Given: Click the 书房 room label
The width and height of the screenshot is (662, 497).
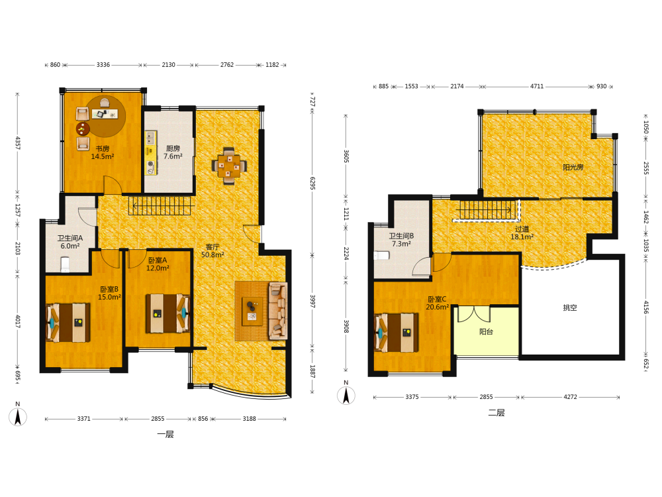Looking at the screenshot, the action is pyautogui.click(x=102, y=148).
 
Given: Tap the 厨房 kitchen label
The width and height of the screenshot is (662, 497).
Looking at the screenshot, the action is pyautogui.click(x=173, y=148).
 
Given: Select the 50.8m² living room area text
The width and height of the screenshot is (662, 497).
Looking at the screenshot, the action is pyautogui.click(x=213, y=255).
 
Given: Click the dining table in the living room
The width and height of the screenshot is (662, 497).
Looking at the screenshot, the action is pyautogui.click(x=229, y=166).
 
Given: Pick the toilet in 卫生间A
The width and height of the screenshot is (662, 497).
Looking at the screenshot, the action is pyautogui.click(x=65, y=264).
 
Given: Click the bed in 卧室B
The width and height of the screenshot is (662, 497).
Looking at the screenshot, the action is pyautogui.click(x=68, y=322).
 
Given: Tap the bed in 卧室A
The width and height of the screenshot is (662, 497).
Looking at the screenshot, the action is pyautogui.click(x=167, y=313).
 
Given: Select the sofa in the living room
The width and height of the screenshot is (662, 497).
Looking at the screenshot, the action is pyautogui.click(x=277, y=311).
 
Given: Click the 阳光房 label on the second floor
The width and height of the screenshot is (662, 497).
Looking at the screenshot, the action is pyautogui.click(x=573, y=168).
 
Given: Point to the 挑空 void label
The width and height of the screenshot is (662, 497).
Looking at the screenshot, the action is pyautogui.click(x=569, y=307).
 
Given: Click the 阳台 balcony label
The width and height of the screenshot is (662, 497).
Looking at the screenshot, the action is pyautogui.click(x=486, y=332).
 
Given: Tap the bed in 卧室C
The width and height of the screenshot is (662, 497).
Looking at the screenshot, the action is pyautogui.click(x=397, y=333).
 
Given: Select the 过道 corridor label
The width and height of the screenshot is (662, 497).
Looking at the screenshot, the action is pyautogui.click(x=522, y=229).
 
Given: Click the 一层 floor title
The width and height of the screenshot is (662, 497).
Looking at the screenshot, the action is pyautogui.click(x=165, y=434).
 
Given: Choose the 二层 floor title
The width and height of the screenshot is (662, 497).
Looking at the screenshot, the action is pyautogui.click(x=496, y=412).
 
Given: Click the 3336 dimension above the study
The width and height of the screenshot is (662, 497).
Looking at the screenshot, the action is pyautogui.click(x=103, y=65).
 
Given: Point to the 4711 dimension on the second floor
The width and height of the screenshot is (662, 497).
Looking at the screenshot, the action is pyautogui.click(x=537, y=86).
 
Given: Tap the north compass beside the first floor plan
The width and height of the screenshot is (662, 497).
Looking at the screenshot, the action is pyautogui.click(x=18, y=417).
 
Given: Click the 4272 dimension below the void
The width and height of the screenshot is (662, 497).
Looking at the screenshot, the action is pyautogui.click(x=570, y=397).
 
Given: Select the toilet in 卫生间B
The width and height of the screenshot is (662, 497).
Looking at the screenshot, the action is pyautogui.click(x=382, y=256).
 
